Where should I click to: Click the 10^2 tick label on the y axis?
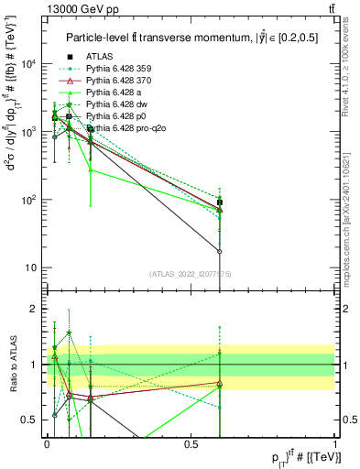(x=28, y=200)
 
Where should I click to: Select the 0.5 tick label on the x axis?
(x=191, y=443)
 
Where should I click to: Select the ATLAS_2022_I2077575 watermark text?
(x=191, y=274)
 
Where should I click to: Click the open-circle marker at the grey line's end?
(x=220, y=251)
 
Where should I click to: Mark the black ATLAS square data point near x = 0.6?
(x=220, y=202)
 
